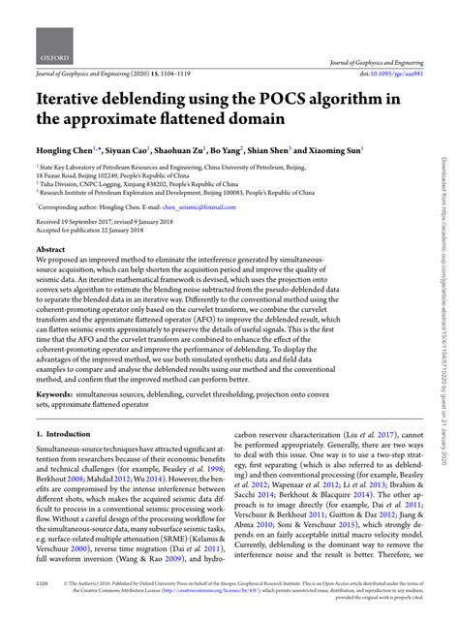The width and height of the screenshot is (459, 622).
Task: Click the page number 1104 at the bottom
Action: point(43,611)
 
